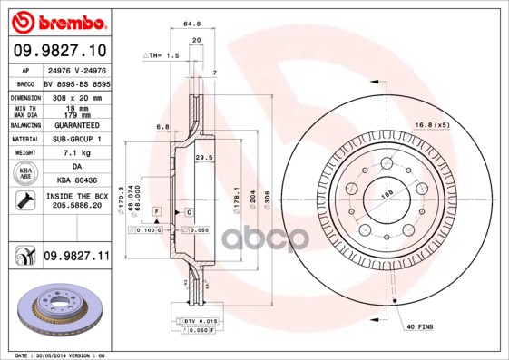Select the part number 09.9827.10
59,50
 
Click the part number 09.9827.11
76,258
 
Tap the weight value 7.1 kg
77,153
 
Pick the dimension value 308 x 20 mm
77,95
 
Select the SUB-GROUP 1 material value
77,139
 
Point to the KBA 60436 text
77,182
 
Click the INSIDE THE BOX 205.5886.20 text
77,201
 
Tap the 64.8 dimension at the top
191,25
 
